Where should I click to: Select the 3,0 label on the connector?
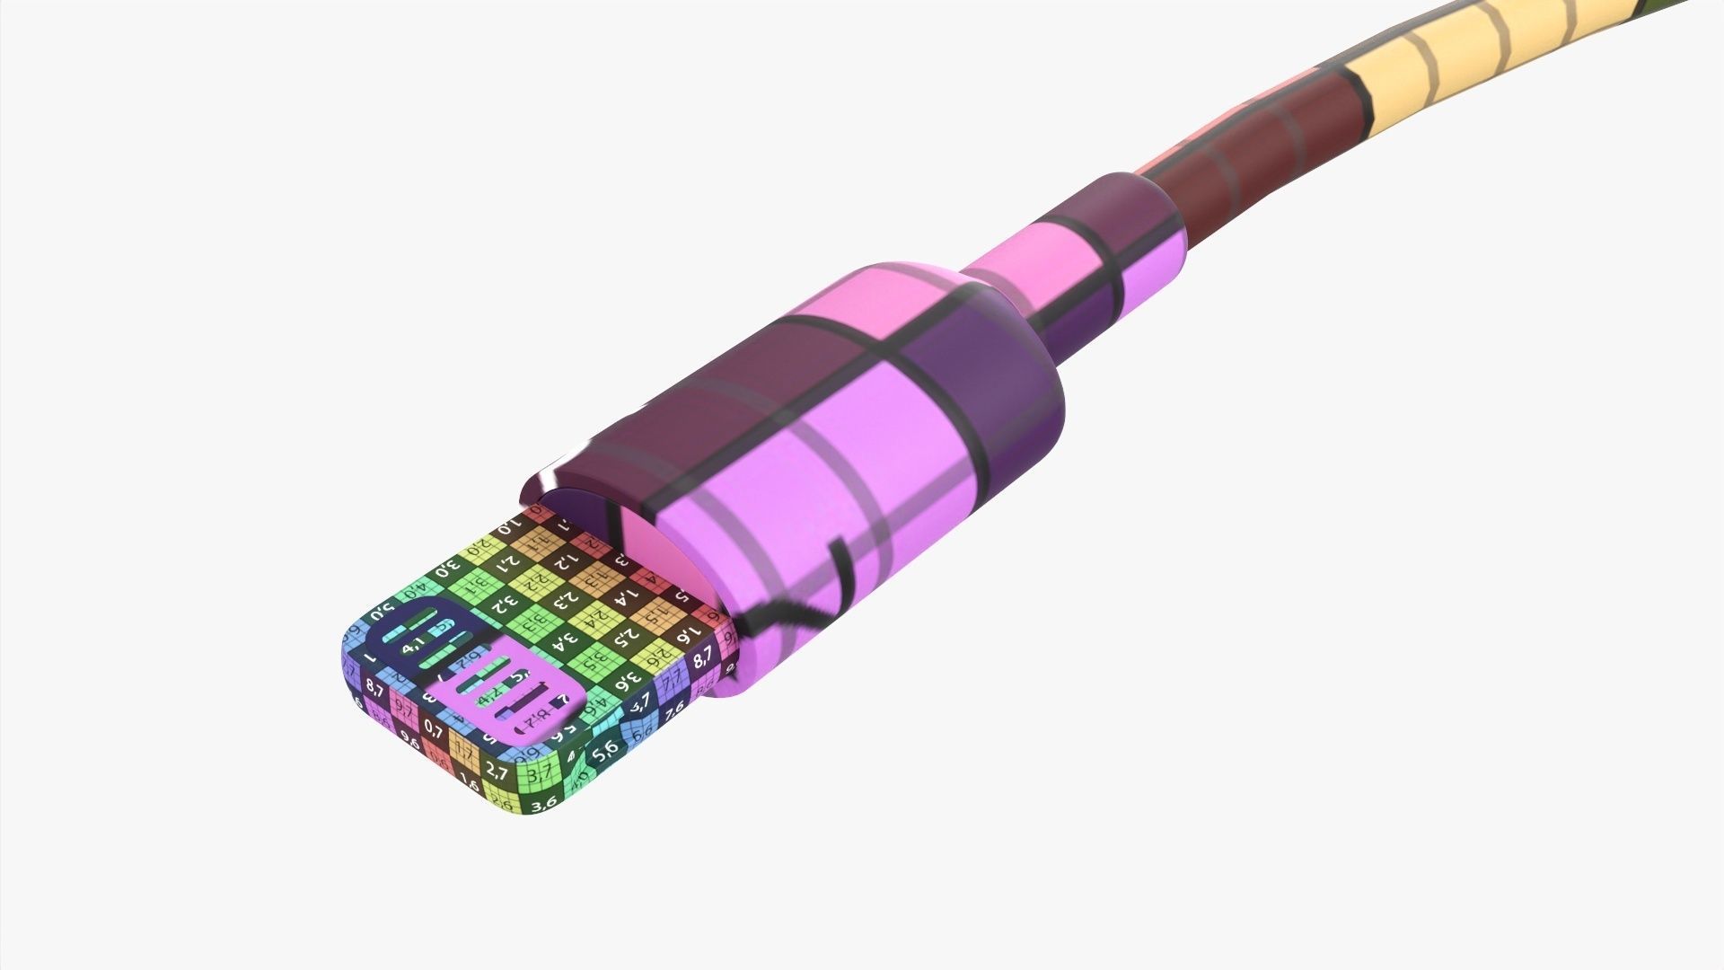point(447,568)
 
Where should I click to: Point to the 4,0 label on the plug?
point(415,593)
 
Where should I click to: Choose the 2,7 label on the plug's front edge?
point(497,771)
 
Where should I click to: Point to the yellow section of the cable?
point(1437,67)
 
